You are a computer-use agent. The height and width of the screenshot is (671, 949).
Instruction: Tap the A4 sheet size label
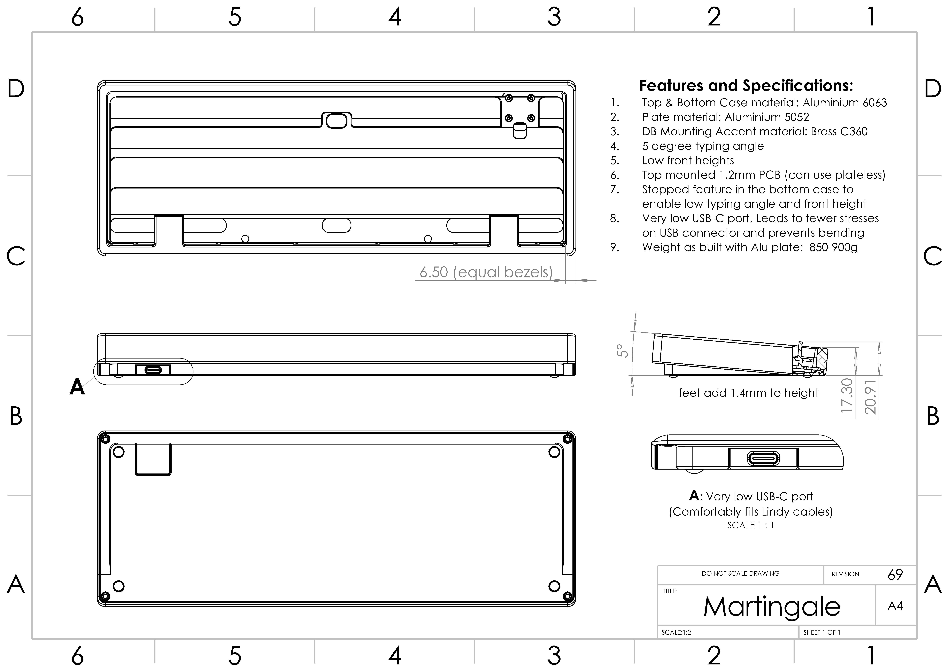click(x=895, y=606)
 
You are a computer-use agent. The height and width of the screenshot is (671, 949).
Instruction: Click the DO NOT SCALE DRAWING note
click(x=740, y=573)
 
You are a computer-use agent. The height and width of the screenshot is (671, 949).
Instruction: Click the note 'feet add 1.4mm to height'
click(x=748, y=393)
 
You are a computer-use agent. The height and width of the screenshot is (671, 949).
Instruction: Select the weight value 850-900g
click(x=833, y=247)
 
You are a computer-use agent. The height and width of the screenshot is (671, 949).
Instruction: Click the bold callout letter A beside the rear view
click(x=77, y=387)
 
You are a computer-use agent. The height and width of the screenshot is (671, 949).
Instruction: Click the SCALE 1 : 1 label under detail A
click(x=750, y=525)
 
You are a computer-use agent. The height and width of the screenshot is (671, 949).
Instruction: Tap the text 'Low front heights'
click(x=688, y=160)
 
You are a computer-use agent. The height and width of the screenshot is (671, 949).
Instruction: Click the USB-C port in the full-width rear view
click(x=153, y=369)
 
